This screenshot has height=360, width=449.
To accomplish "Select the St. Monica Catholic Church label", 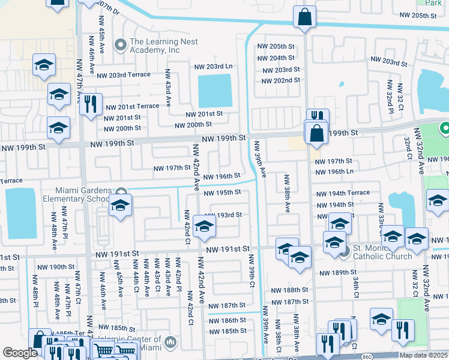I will pyautogui.click(x=382, y=252).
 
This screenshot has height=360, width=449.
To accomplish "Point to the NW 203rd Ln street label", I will pyautogui.click(x=212, y=66).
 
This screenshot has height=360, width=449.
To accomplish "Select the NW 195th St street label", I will pyautogui.click(x=222, y=193).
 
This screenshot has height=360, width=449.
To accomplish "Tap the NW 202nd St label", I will pyautogui.click(x=281, y=80).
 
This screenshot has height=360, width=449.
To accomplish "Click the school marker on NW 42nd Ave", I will pyautogui.click(x=204, y=227).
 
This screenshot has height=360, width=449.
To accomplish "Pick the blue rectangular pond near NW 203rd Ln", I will pyautogui.click(x=215, y=91).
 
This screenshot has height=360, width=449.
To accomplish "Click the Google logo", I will pyautogui.click(x=19, y=353).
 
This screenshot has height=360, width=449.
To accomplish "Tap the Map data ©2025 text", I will pyautogui.click(x=423, y=355).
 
